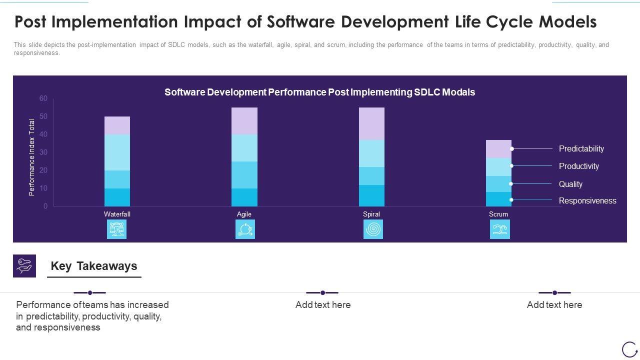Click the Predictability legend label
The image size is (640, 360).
pyautogui.click(x=581, y=148)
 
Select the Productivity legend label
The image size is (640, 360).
pyautogui.click(x=578, y=166)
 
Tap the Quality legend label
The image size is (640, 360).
pyautogui.click(x=570, y=184)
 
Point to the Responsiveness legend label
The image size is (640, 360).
pyautogui.click(x=587, y=200)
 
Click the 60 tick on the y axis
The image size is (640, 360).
pyautogui.click(x=43, y=98)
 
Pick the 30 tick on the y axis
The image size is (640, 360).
pyautogui.click(x=43, y=152)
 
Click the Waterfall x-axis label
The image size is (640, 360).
pyautogui.click(x=117, y=214)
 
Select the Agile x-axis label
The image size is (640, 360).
pyautogui.click(x=244, y=214)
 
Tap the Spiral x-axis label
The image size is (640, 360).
pyautogui.click(x=371, y=214)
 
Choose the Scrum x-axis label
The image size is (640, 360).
pyautogui.click(x=498, y=214)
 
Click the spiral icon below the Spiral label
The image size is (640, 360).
pyautogui.click(x=373, y=229)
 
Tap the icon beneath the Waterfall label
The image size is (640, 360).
pyautogui.click(x=116, y=229)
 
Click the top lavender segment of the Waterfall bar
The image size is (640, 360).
pyautogui.click(x=117, y=125)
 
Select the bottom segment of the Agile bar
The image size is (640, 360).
pyautogui.click(x=244, y=197)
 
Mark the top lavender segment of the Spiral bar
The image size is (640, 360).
pyautogui.click(x=371, y=123)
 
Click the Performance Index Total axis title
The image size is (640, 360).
pyautogui.click(x=32, y=157)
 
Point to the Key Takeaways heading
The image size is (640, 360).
pyautogui.click(x=94, y=266)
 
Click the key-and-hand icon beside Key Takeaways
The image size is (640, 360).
pyautogui.click(x=24, y=266)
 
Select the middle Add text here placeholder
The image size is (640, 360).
pyautogui.click(x=323, y=304)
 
